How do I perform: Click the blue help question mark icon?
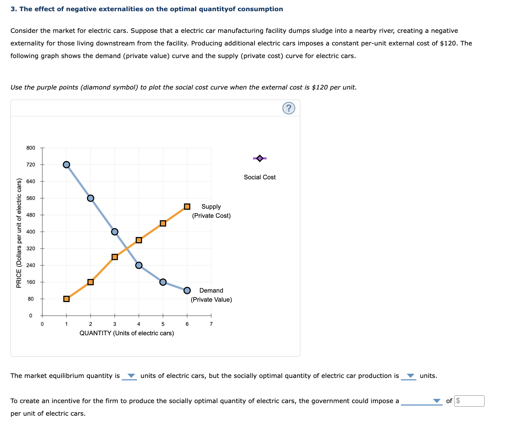tap(288, 108)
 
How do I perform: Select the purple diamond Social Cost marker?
tap(260, 158)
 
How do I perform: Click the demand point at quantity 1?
tap(66, 165)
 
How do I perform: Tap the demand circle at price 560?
tap(91, 198)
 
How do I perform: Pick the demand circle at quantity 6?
tap(187, 291)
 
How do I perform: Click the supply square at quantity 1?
tap(66, 299)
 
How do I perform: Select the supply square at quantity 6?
tap(187, 207)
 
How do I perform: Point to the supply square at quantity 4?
tap(139, 240)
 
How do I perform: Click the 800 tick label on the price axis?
tap(31, 148)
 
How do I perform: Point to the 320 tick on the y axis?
tap(31, 249)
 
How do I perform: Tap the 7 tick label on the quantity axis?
tap(211, 324)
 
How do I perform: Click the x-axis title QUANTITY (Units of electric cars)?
tap(127, 333)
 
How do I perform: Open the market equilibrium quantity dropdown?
tap(130, 376)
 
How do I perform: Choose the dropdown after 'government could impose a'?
tap(422, 401)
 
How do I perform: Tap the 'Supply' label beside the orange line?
tap(211, 207)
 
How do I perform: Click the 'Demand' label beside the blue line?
tap(211, 291)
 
